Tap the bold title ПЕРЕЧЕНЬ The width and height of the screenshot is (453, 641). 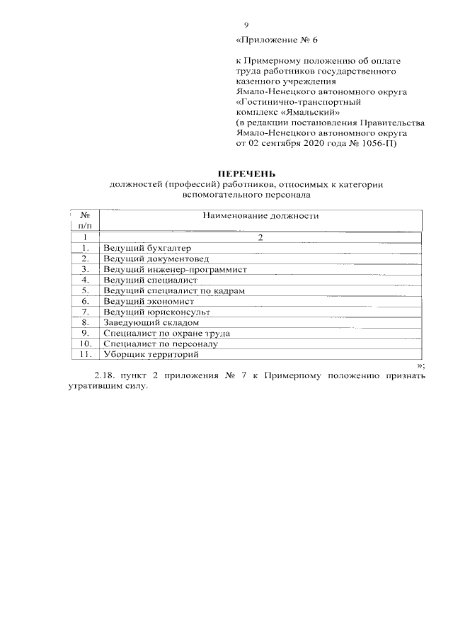[246, 174]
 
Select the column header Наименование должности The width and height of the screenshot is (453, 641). [260, 215]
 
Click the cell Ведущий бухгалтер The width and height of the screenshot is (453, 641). [139, 248]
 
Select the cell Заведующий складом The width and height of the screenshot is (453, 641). [146, 322]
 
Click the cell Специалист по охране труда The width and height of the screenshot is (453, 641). [167, 333]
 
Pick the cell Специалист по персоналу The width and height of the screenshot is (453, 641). [161, 344]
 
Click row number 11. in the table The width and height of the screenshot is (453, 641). [85, 354]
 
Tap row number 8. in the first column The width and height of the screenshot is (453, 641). [85, 322]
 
